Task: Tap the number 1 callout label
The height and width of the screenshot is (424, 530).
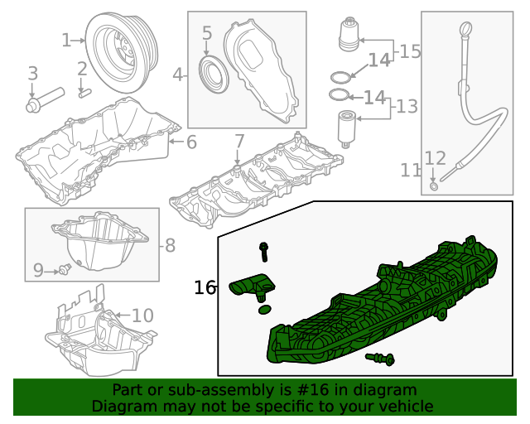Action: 66,40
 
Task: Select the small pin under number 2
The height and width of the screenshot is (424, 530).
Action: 83,92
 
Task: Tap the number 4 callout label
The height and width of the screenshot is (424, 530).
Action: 177,75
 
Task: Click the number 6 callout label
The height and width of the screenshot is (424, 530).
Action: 191,142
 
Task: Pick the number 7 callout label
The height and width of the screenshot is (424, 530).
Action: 239,141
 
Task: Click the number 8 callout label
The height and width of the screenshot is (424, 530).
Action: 170,245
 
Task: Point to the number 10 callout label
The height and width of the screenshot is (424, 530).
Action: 142,316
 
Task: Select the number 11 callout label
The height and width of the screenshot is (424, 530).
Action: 411,171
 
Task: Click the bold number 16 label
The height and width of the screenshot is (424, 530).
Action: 205,287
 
